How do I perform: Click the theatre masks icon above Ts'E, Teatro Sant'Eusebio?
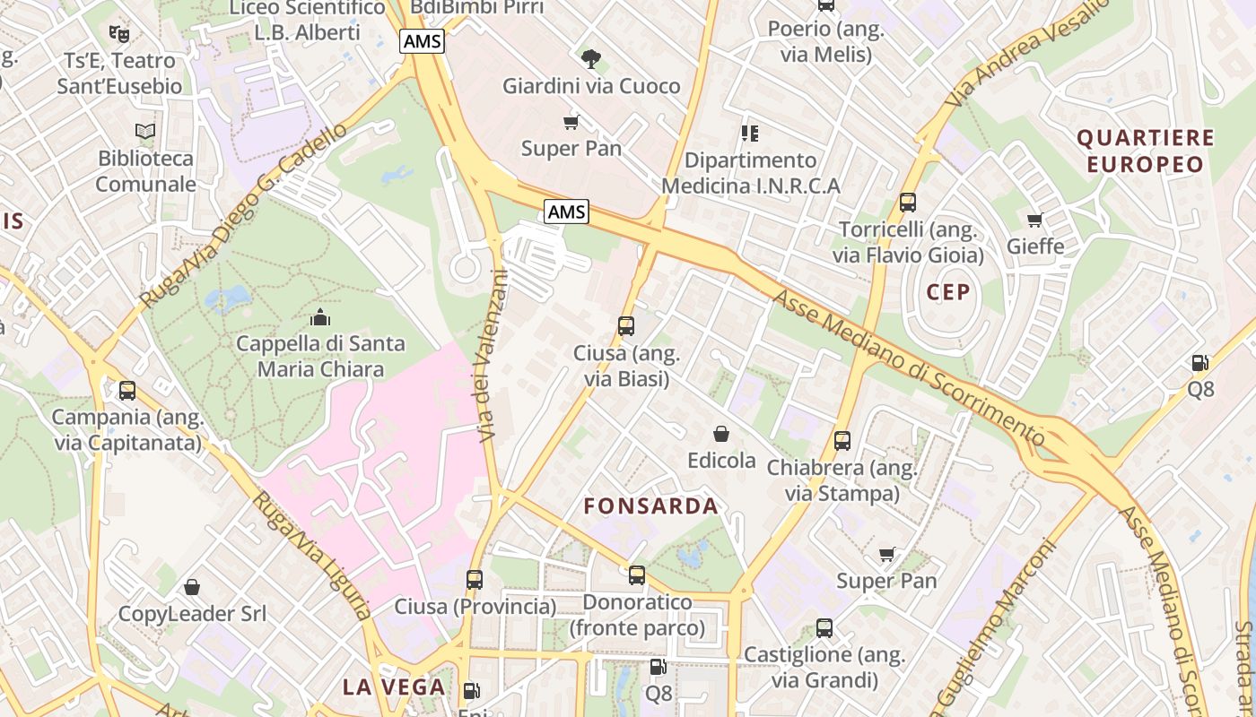coord(118,34)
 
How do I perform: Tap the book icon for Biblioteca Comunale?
coord(145,132)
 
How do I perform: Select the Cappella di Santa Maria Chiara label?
coord(320,357)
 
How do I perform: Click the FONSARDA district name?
coord(650,506)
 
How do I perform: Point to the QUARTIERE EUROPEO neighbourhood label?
coord(1145,151)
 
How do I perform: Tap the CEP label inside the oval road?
coord(948,292)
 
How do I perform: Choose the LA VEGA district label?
coord(394,687)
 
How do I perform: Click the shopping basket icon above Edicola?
coord(720,435)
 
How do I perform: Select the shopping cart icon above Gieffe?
coord(1035,220)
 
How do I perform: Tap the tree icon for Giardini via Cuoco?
coord(590,60)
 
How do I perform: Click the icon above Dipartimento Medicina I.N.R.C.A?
coord(750,134)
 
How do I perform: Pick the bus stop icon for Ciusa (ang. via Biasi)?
coord(626,326)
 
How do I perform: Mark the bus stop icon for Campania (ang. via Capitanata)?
coord(127,391)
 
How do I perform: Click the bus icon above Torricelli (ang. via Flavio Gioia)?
coord(908,203)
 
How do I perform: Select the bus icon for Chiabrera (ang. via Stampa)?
coord(842,441)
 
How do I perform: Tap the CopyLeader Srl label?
coord(193,615)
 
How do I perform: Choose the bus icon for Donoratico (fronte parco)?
coord(637,575)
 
